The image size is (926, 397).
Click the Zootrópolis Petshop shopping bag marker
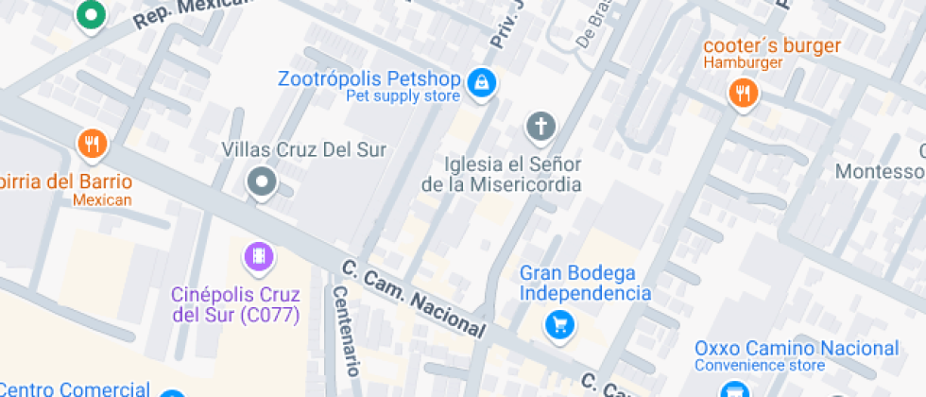click(x=483, y=82)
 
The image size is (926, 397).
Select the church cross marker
click(x=540, y=126)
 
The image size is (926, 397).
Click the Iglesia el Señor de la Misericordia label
click(x=502, y=173)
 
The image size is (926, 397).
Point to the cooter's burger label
click(x=772, y=45)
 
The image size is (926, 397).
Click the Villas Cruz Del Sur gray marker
click(x=261, y=181)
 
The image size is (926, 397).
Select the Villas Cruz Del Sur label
click(x=303, y=149)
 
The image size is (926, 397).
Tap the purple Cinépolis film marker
click(x=258, y=255)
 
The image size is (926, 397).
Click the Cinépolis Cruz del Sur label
click(x=235, y=304)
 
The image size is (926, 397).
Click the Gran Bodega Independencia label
click(x=585, y=284)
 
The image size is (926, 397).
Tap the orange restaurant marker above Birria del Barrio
click(x=92, y=145)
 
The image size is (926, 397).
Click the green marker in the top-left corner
click(x=92, y=15)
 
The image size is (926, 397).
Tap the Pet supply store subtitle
click(x=403, y=96)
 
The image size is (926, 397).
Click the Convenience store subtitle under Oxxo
click(x=760, y=366)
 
